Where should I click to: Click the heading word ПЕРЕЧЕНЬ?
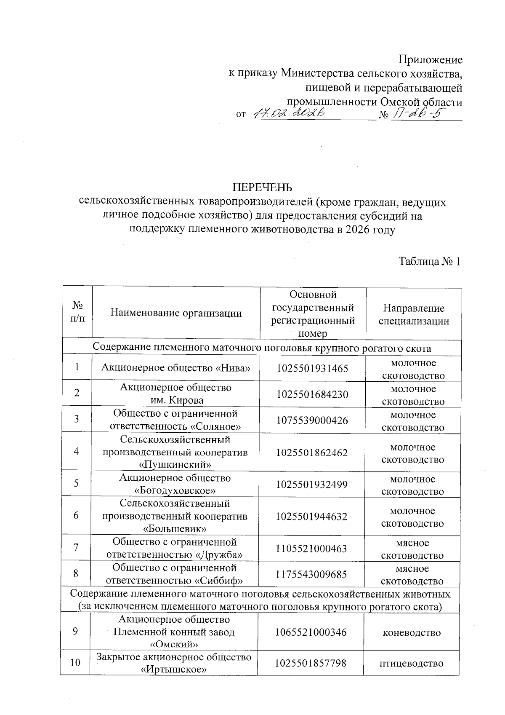(x=263, y=187)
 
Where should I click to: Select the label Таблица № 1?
(x=430, y=262)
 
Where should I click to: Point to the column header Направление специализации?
(x=414, y=315)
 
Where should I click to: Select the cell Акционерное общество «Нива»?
(x=176, y=368)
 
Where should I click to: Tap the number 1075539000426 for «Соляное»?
(x=312, y=420)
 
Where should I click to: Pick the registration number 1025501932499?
(x=312, y=485)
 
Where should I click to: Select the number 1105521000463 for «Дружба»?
(x=311, y=549)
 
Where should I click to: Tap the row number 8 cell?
(x=76, y=574)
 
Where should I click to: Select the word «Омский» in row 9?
(x=174, y=645)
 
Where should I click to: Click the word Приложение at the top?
(x=430, y=59)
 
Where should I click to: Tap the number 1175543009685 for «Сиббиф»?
(x=311, y=574)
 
